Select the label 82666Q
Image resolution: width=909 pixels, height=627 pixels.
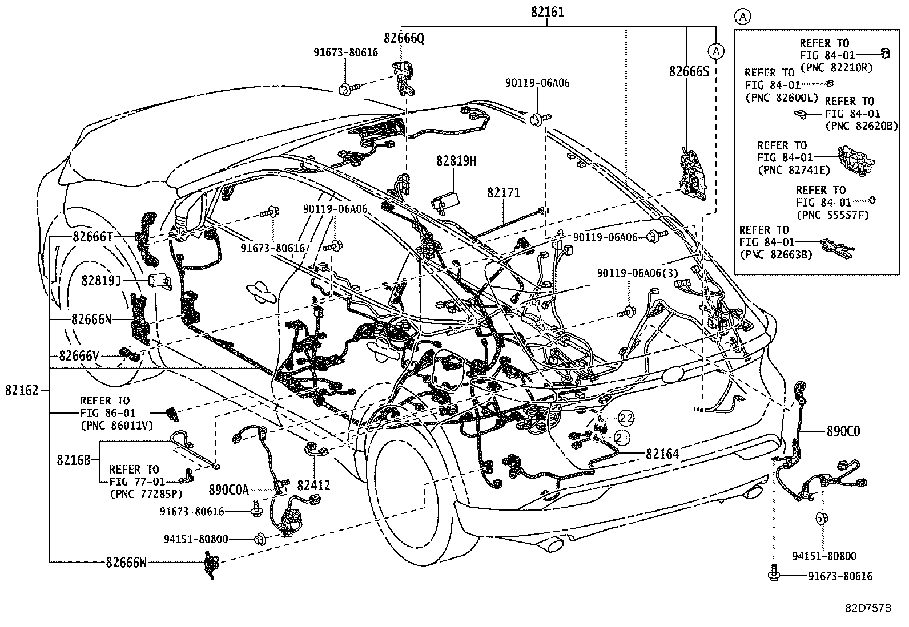click(404, 38)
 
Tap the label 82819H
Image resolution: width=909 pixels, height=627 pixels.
click(456, 161)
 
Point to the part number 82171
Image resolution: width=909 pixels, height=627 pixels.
click(504, 193)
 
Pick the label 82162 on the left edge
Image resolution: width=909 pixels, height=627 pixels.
click(22, 391)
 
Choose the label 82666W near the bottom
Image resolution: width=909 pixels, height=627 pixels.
click(126, 563)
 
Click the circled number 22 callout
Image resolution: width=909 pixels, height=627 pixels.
click(626, 418)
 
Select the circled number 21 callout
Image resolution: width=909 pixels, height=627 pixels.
click(622, 438)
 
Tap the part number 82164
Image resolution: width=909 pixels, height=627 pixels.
click(662, 454)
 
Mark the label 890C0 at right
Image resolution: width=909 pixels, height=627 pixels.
click(843, 431)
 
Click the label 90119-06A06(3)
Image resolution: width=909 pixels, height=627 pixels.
click(637, 273)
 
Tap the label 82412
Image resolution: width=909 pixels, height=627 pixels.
click(313, 486)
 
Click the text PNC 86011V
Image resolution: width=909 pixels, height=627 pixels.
click(116, 425)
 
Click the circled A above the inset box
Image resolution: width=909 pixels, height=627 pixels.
click(742, 17)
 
